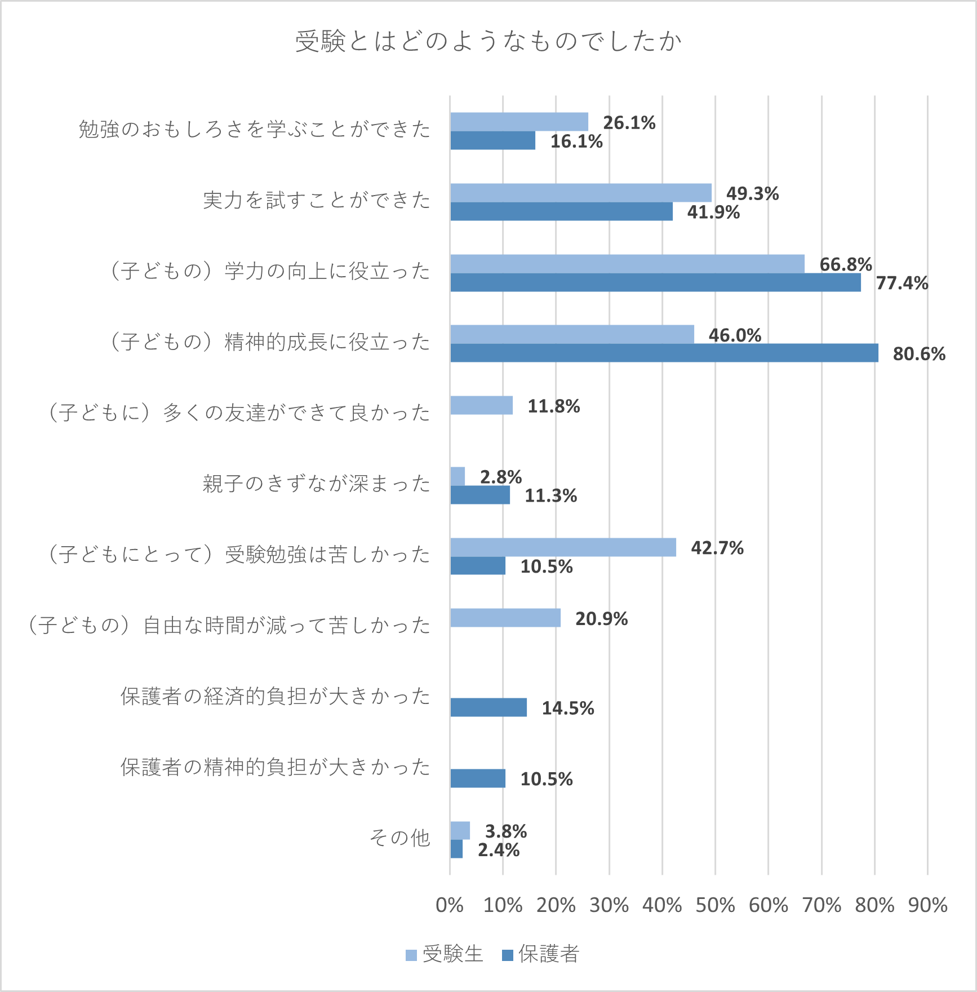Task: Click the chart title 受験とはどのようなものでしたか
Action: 488,41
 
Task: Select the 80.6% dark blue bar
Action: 664,353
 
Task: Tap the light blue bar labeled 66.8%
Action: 627,264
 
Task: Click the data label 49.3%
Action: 752,193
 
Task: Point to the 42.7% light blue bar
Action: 563,547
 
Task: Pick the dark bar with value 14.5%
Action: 488,707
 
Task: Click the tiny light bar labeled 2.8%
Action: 458,476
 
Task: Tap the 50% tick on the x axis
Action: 715,905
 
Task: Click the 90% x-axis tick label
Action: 927,905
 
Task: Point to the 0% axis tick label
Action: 450,905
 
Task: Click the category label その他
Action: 399,838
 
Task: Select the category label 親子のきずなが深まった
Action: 316,484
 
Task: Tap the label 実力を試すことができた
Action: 316,200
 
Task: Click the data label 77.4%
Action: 901,283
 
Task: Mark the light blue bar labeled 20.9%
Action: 505,618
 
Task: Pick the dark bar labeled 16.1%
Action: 492,140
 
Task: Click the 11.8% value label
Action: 553,406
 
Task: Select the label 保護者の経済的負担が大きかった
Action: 275,696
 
